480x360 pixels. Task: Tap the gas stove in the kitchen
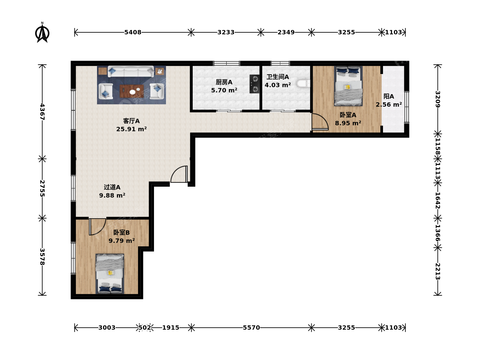255,84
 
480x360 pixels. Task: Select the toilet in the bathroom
303,84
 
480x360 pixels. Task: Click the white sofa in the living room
131,71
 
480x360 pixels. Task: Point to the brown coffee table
132,91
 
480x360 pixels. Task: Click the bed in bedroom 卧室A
348,86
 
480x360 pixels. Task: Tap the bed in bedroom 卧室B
110,274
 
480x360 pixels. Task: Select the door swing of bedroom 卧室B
98,227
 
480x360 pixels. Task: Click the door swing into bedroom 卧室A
320,122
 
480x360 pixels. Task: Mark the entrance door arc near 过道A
179,174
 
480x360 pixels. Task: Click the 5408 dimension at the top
133,32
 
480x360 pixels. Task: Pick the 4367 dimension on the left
42,112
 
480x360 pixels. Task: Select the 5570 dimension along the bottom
251,328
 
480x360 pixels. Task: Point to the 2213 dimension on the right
437,271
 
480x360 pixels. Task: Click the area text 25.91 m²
131,129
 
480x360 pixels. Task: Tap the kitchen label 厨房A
224,82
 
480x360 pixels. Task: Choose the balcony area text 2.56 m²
389,104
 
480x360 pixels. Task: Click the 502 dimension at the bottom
145,328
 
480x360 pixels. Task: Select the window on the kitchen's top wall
227,63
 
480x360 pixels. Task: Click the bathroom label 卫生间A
278,77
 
